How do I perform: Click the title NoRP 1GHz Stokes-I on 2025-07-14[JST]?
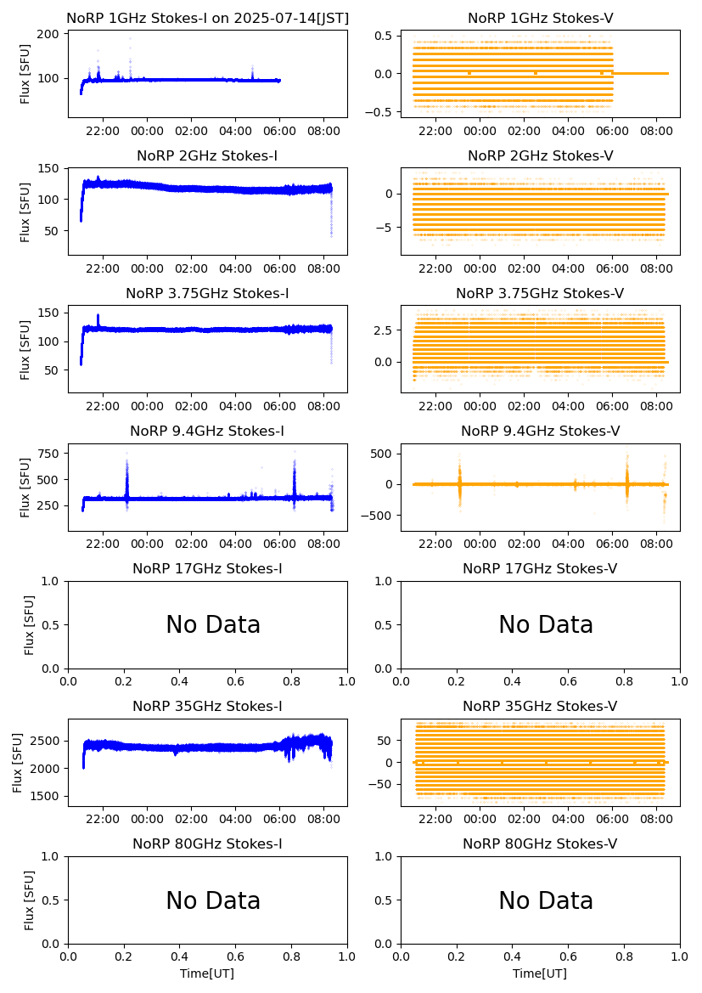(207, 18)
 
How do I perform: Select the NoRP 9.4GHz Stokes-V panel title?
(540, 431)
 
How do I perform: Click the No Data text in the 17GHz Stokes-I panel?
(213, 625)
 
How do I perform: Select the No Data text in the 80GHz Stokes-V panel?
(546, 901)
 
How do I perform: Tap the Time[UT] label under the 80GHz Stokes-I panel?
(207, 973)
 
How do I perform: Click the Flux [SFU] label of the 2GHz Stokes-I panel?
(25, 211)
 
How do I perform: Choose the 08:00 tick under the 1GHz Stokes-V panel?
(656, 131)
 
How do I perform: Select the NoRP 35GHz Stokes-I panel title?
(207, 706)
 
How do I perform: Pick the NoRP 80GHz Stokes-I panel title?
(207, 843)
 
